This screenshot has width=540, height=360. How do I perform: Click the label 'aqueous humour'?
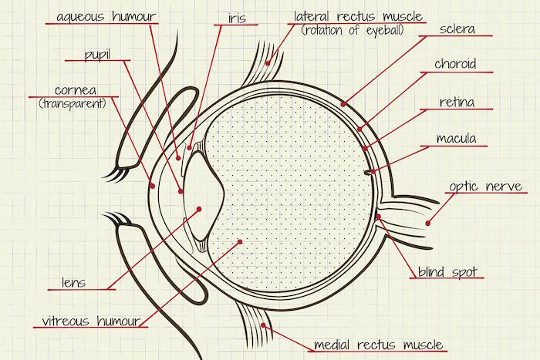106,16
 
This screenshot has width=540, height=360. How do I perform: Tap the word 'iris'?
237,18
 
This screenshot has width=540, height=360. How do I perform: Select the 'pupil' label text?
97,55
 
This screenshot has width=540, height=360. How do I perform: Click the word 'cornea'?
76,90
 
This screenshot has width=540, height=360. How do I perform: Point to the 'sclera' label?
457,29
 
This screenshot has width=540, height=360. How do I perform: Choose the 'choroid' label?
455,64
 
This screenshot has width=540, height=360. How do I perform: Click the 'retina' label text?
457,102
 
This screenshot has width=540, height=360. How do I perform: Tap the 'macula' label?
456,138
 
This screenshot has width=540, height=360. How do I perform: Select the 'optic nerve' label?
485,187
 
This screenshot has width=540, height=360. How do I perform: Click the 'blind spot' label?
447,272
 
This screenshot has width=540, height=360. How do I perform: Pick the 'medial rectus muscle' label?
378,345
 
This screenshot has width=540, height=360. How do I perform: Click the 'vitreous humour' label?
91,321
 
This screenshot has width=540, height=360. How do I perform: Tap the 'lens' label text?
73,283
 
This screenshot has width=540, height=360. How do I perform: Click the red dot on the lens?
199,209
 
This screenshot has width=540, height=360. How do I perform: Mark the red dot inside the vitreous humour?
240,242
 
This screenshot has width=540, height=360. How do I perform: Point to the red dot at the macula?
373,171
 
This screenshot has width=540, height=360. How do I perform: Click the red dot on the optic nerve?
427,224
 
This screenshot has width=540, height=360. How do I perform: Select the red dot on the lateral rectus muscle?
268,63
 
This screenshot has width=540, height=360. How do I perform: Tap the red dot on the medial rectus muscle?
263,325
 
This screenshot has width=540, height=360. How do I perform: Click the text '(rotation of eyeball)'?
353,30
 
